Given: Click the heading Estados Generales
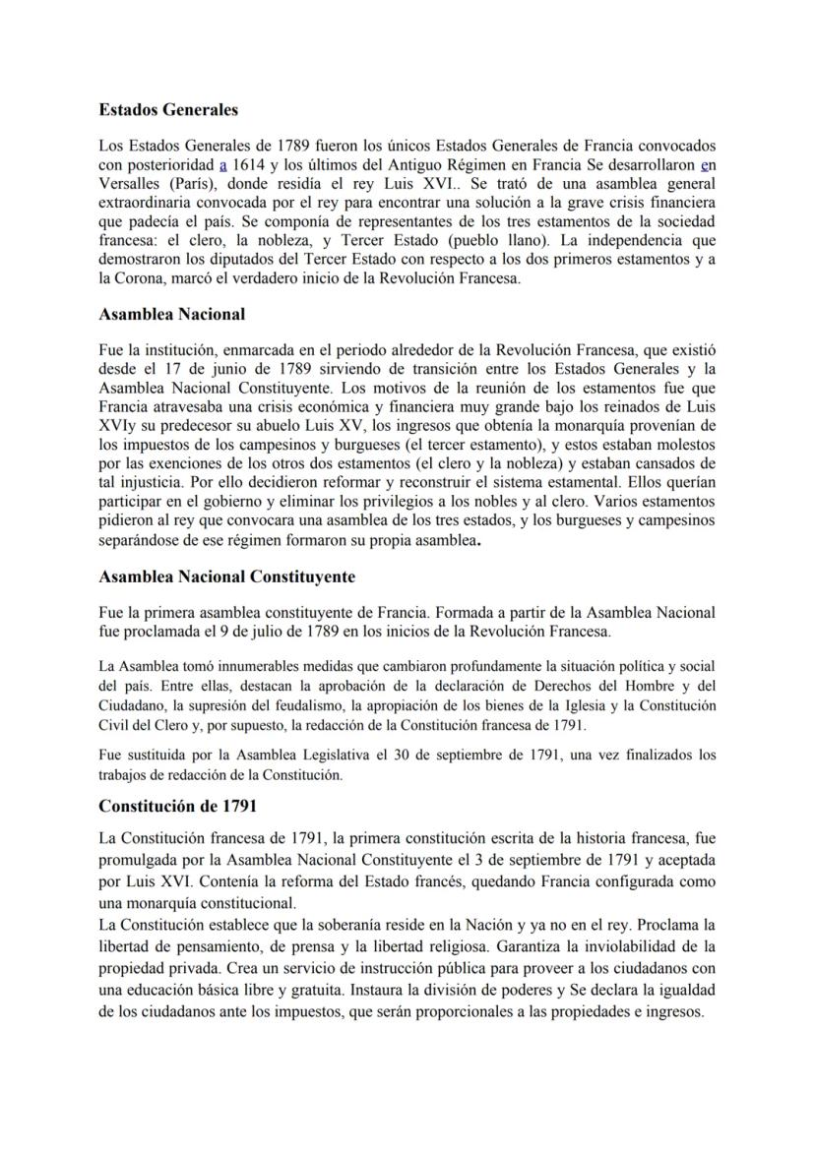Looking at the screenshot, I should pyautogui.click(x=168, y=109).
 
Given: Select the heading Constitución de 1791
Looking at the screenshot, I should pyautogui.click(x=178, y=806).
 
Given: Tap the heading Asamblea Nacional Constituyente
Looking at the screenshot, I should pyautogui.click(x=227, y=576).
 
